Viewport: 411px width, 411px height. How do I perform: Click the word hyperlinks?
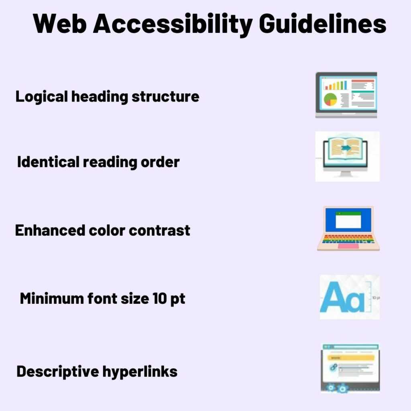click(140, 372)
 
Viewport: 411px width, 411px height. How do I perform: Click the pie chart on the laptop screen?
click(331, 99)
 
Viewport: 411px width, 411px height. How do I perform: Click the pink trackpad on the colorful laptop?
click(348, 246)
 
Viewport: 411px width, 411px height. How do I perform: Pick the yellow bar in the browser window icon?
click(351, 357)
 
